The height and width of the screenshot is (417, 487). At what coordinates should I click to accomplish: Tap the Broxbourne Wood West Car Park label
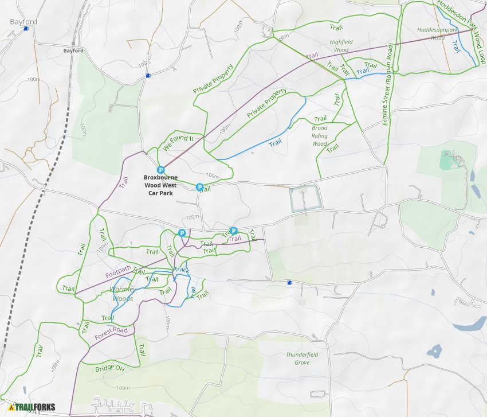point(160,186)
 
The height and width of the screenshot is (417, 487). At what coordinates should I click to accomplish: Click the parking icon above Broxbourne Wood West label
point(161,170)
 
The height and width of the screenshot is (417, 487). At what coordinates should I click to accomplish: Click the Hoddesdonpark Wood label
point(437,33)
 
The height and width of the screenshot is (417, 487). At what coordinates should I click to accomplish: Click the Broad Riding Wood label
point(320,136)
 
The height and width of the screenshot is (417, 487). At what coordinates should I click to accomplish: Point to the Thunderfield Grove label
point(302,358)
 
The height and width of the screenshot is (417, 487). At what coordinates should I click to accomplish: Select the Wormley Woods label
point(121,294)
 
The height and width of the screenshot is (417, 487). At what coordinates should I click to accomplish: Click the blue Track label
point(182,270)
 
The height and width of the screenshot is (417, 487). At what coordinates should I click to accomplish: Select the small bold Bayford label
point(73,50)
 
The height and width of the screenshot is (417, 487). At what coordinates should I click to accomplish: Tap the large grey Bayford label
point(23,22)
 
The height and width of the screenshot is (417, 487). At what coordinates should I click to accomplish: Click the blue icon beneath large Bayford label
point(26,28)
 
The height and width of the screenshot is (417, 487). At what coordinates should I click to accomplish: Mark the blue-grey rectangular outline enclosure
point(304,198)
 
